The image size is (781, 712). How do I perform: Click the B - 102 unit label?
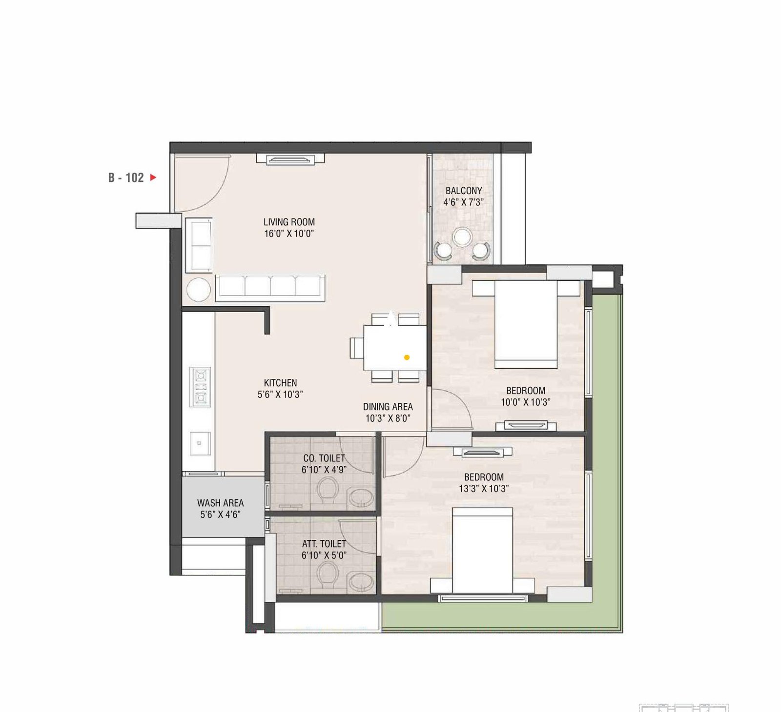(x=126, y=178)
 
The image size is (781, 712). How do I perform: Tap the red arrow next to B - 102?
(x=153, y=178)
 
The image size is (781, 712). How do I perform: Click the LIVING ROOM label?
(x=289, y=222)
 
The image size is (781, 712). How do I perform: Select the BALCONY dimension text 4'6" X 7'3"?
(x=463, y=202)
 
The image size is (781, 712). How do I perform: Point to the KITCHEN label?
(x=280, y=383)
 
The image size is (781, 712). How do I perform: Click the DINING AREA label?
(x=388, y=406)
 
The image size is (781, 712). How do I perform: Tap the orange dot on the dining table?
(x=407, y=357)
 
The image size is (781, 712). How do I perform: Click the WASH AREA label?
(x=220, y=503)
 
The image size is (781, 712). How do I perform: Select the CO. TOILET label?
(x=324, y=458)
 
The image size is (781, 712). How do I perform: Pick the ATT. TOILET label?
(x=324, y=543)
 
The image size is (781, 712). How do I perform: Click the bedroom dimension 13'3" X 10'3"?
(x=483, y=489)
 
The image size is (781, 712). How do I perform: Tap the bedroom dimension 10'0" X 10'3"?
(x=525, y=402)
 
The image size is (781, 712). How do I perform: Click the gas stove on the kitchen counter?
(x=200, y=387)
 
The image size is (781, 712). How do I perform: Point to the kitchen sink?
(x=200, y=443)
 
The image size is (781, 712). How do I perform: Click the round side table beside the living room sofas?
(x=199, y=289)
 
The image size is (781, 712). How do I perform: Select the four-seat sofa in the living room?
(x=270, y=287)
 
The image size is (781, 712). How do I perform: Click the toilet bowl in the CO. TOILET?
(x=328, y=490)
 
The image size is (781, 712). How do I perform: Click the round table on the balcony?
(x=462, y=237)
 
